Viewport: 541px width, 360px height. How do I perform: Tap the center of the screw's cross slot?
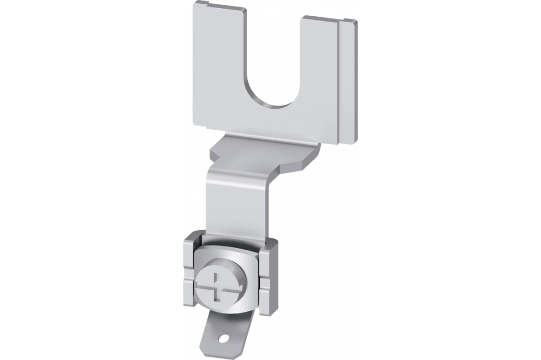(219, 286)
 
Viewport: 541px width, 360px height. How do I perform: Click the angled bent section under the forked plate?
(260, 154)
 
